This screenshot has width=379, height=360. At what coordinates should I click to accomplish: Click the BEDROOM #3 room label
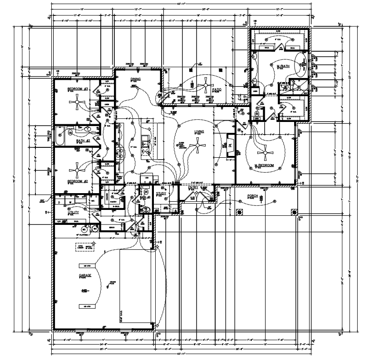(x=77, y=89)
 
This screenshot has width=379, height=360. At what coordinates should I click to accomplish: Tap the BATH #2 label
(x=84, y=141)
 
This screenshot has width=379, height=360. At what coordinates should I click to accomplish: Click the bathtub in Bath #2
(x=59, y=136)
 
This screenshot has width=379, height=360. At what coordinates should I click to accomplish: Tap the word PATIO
(x=217, y=90)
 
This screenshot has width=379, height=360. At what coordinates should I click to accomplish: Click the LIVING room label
(x=199, y=132)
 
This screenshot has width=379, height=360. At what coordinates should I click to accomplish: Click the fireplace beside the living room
(x=229, y=146)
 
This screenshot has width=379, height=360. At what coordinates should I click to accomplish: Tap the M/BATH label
(x=283, y=66)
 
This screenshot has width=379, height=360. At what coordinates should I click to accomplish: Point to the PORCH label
(x=252, y=196)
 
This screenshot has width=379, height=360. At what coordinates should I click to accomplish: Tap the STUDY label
(x=161, y=194)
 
